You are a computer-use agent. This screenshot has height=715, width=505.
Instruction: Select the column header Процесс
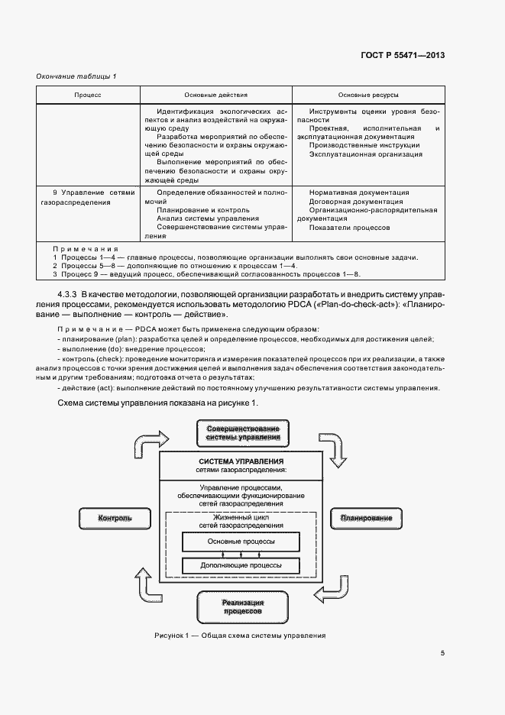tap(88, 94)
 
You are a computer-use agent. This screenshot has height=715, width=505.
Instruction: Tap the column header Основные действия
tap(216, 94)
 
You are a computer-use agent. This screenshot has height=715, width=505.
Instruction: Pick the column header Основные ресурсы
tap(365, 94)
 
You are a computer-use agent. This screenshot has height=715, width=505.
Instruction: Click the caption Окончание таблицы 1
tap(76, 76)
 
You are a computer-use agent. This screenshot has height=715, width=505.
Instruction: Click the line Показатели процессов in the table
tap(349, 228)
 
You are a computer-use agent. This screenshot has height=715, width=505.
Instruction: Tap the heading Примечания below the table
tap(86, 249)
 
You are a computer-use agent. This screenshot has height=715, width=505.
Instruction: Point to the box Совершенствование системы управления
tap(242, 433)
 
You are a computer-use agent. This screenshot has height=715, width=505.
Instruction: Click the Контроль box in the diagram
tap(115, 519)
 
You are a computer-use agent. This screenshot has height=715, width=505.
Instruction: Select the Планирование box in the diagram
tap(361, 519)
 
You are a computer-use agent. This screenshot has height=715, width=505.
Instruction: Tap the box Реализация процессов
tap(243, 607)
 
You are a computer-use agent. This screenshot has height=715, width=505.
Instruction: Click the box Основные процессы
tap(241, 542)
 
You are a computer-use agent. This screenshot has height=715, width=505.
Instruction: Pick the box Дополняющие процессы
tap(241, 566)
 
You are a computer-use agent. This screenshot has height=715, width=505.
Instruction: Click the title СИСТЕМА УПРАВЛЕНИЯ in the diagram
tap(241, 462)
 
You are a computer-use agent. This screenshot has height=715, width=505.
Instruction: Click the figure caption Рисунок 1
tap(240, 636)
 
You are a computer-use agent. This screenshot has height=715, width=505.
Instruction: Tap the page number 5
tap(442, 653)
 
